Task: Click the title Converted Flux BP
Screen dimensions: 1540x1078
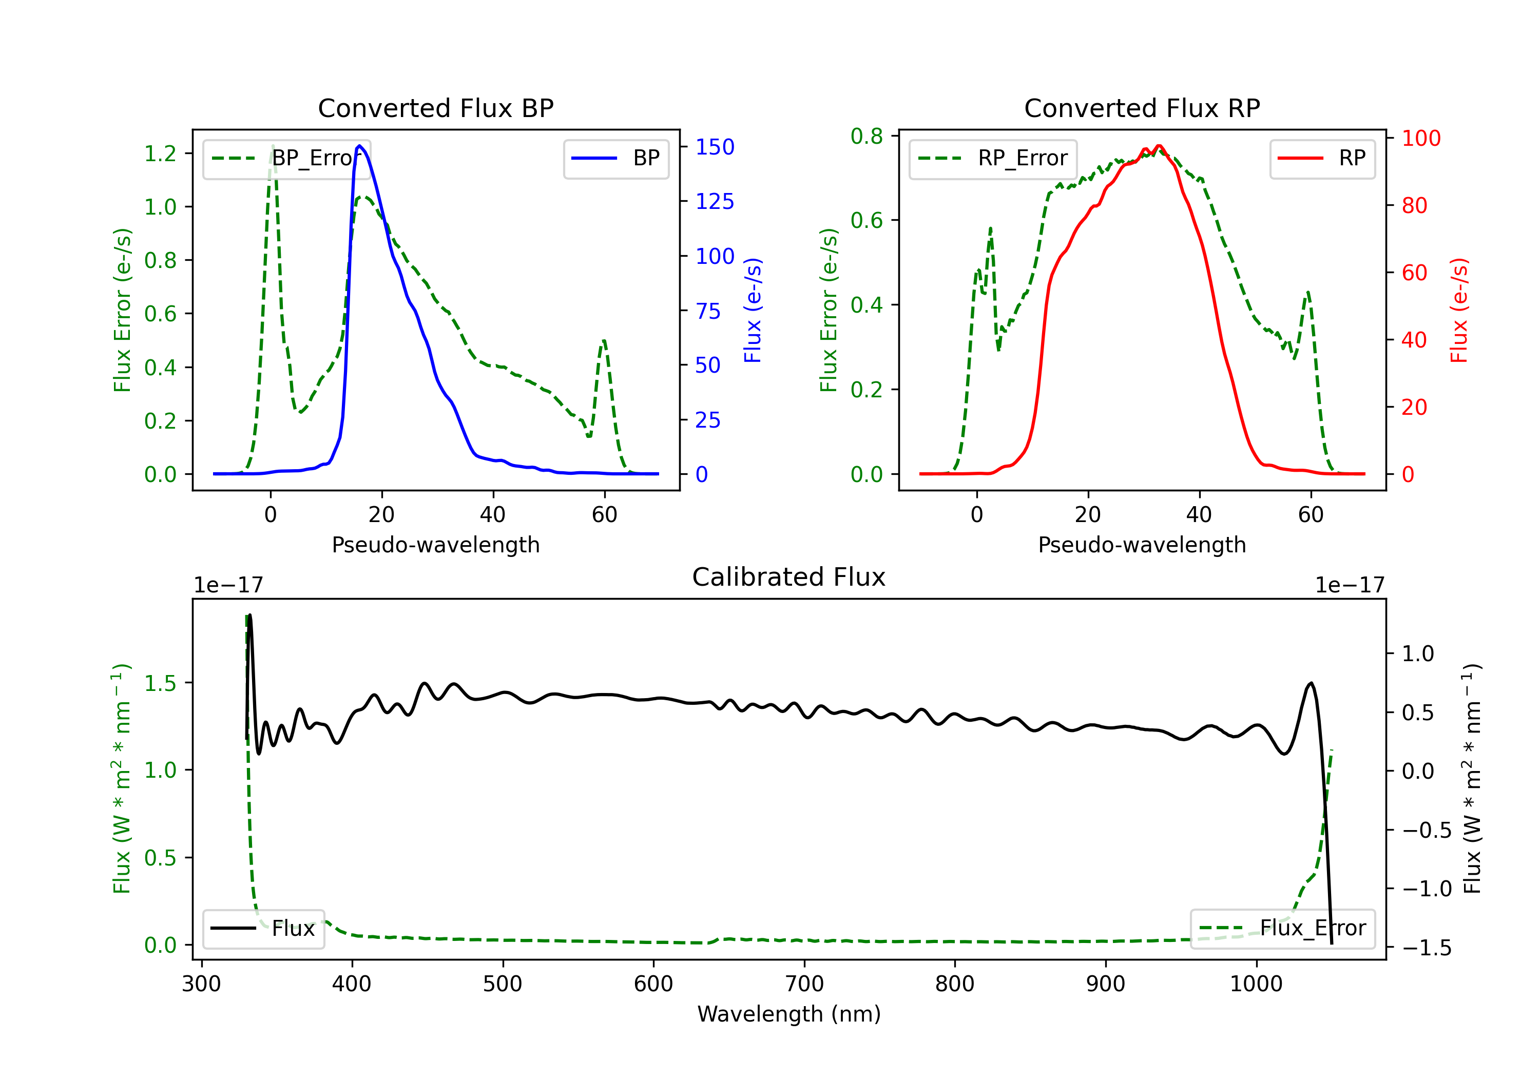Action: (435, 108)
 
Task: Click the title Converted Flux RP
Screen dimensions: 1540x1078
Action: (1142, 108)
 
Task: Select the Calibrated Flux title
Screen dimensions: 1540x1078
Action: (789, 577)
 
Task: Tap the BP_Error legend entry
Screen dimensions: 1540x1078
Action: (286, 158)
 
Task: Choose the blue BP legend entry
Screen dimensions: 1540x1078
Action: (615, 158)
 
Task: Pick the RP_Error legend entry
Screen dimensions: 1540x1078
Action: (993, 158)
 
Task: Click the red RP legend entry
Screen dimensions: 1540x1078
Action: (1322, 158)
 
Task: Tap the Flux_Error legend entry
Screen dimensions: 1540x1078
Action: (1282, 929)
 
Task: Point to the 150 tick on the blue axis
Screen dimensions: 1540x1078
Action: (715, 147)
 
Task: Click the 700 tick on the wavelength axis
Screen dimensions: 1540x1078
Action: (804, 984)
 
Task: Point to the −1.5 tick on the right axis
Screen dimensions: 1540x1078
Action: (1427, 948)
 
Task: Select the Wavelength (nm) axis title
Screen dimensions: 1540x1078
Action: (789, 1014)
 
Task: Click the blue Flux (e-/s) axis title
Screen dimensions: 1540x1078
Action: (753, 310)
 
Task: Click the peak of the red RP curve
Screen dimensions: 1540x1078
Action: (1159, 146)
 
